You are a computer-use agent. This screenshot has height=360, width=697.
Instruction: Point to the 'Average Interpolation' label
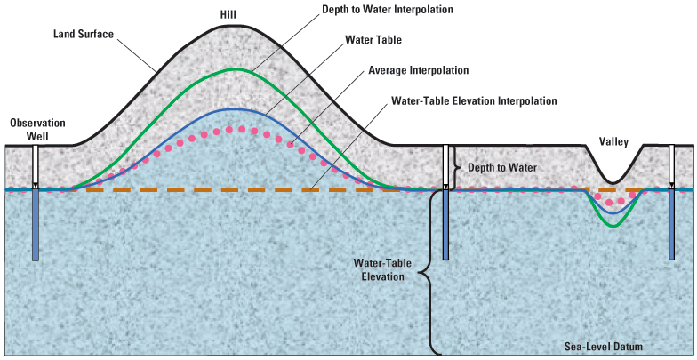pyautogui.click(x=420, y=70)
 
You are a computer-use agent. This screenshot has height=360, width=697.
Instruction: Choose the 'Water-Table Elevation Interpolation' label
pyautogui.click(x=474, y=100)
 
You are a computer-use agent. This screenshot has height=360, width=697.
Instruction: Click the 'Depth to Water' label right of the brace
pyautogui.click(x=503, y=167)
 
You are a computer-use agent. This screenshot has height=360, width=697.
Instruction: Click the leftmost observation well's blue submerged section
pyautogui.click(x=36, y=226)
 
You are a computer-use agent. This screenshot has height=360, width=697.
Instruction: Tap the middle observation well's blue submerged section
pyautogui.click(x=446, y=226)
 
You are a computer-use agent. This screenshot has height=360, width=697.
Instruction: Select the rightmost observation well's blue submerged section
pyautogui.click(x=673, y=226)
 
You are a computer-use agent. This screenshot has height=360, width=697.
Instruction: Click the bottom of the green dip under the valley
pyautogui.click(x=611, y=226)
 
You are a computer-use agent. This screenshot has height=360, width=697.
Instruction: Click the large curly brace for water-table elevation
pyautogui.click(x=430, y=271)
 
